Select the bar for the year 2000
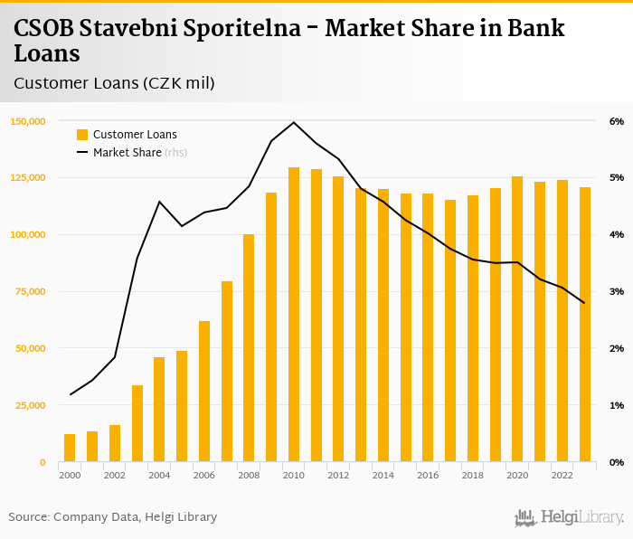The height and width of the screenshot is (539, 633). pyautogui.click(x=70, y=448)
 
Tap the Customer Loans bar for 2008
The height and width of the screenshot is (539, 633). pyautogui.click(x=249, y=348)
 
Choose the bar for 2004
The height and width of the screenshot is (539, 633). pyautogui.click(x=159, y=410)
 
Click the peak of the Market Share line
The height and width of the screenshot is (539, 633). pyautogui.click(x=294, y=122)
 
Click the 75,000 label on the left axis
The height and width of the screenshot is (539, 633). pyautogui.click(x=29, y=291)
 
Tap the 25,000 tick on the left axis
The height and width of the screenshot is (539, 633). pyautogui.click(x=29, y=405)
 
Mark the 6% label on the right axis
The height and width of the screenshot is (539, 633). pyautogui.click(x=617, y=121)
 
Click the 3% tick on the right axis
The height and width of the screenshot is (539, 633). pyautogui.click(x=617, y=291)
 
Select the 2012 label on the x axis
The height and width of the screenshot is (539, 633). pyautogui.click(x=338, y=475)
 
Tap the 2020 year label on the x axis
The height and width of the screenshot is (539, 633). pyautogui.click(x=517, y=475)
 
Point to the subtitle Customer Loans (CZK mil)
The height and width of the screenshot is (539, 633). pyautogui.click(x=114, y=83)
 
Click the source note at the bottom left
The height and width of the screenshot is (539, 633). pyautogui.click(x=113, y=517)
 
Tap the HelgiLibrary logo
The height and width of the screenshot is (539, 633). pyautogui.click(x=570, y=518)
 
